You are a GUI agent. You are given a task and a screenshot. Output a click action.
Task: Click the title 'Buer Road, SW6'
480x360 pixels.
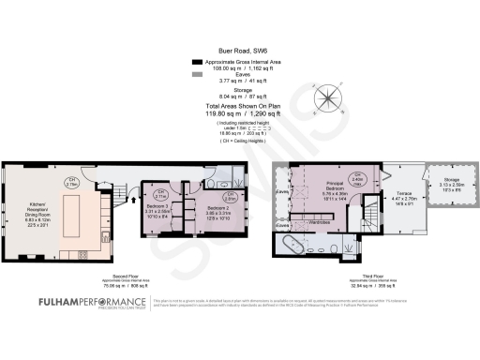coord(239,55)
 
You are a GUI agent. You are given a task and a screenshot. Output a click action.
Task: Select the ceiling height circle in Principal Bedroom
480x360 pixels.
coord(355,179)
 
